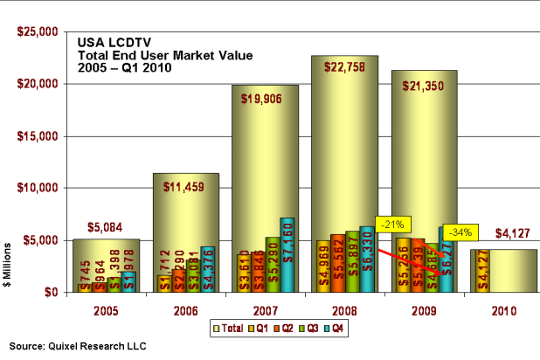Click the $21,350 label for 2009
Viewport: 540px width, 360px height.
click(x=424, y=86)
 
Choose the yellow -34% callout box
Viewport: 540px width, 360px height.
click(x=460, y=232)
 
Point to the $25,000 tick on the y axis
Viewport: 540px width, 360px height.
click(x=38, y=32)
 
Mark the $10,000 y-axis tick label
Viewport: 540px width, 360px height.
click(x=38, y=188)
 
